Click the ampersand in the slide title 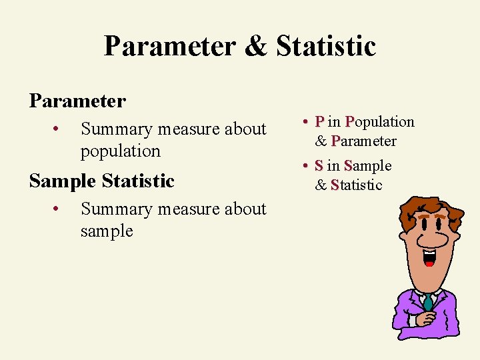[x=256, y=47]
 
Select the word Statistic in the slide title [x=326, y=47]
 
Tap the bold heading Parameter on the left [x=77, y=101]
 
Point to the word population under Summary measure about [x=120, y=151]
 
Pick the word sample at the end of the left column [x=107, y=231]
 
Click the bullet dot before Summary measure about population [x=59, y=128]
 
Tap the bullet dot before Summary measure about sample [x=59, y=209]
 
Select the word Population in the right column [x=379, y=121]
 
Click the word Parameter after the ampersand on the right [x=363, y=141]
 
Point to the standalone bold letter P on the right [x=320, y=121]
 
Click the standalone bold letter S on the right [x=319, y=165]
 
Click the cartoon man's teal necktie [x=428, y=303]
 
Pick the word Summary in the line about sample [x=111, y=209]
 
